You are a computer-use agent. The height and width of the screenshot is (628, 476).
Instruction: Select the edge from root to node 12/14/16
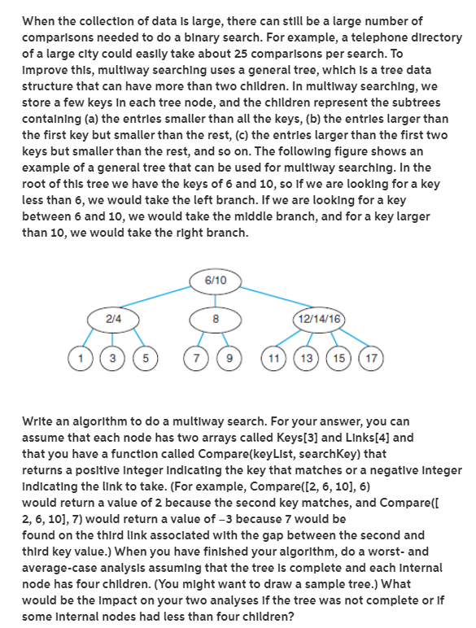pyautogui.click(x=269, y=299)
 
